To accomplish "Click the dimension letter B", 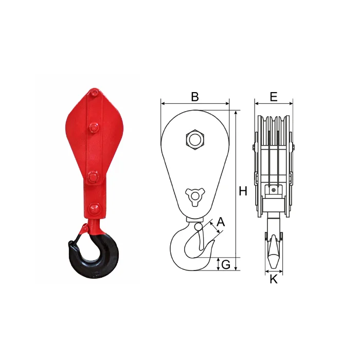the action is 195,97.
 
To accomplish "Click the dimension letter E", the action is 274,97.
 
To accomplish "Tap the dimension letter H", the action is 243,191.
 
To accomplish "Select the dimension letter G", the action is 226,264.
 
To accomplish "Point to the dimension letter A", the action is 221,222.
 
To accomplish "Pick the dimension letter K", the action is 274,279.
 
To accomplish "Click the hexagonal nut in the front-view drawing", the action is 195,139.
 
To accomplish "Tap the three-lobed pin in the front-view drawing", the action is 195,196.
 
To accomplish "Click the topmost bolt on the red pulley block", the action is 94,93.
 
